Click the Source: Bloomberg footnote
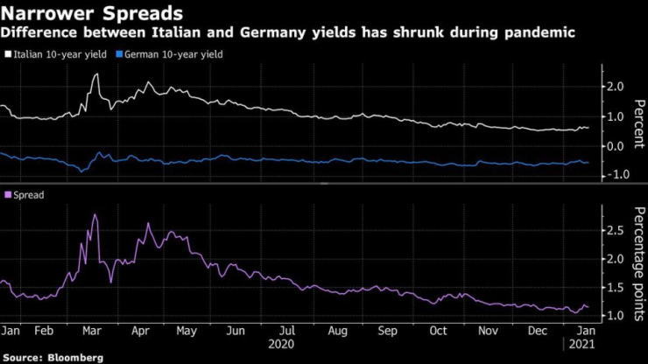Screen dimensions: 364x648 52,357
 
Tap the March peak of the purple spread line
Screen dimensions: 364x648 95,214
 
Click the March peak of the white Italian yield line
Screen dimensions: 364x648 95,74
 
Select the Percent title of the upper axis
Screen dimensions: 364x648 636,122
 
